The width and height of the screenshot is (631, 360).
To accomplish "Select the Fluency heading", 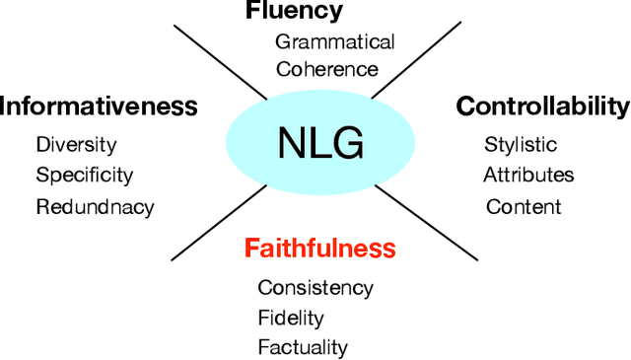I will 294,11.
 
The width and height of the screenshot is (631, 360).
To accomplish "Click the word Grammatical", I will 334,41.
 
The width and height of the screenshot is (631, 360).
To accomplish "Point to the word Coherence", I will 327,69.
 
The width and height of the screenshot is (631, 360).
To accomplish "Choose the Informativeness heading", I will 99,106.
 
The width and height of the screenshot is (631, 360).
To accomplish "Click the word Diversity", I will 76,145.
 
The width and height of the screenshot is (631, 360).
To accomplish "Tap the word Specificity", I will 84,176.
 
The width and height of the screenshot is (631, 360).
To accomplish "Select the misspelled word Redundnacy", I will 95,206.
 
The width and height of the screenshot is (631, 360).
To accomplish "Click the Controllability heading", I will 542,106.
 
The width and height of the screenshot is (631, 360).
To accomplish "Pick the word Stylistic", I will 521,145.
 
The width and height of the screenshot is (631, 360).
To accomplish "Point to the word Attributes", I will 528,176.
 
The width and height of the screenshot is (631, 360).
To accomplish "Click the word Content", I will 524,206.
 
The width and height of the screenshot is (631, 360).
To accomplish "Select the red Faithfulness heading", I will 320,247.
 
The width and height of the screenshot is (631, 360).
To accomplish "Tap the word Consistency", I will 315,288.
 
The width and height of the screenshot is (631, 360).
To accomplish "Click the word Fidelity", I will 291,318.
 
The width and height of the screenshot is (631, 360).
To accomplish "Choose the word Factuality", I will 303,347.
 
